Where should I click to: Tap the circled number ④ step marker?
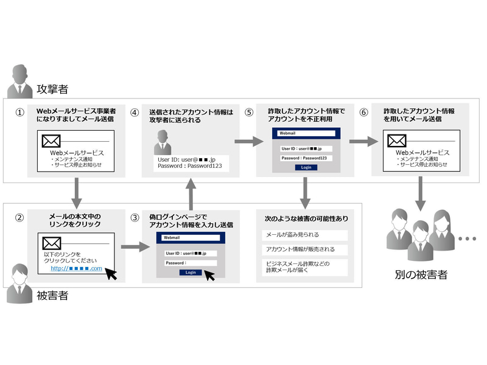click(135, 113)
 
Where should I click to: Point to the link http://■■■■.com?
click(75, 268)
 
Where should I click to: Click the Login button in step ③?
click(190, 273)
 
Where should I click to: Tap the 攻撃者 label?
click(52, 89)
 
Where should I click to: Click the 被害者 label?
click(52, 296)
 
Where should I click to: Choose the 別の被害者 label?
click(420, 275)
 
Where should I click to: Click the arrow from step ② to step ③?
click(134, 247)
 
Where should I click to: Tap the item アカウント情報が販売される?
click(300, 250)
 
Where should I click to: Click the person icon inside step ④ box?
click(163, 142)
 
